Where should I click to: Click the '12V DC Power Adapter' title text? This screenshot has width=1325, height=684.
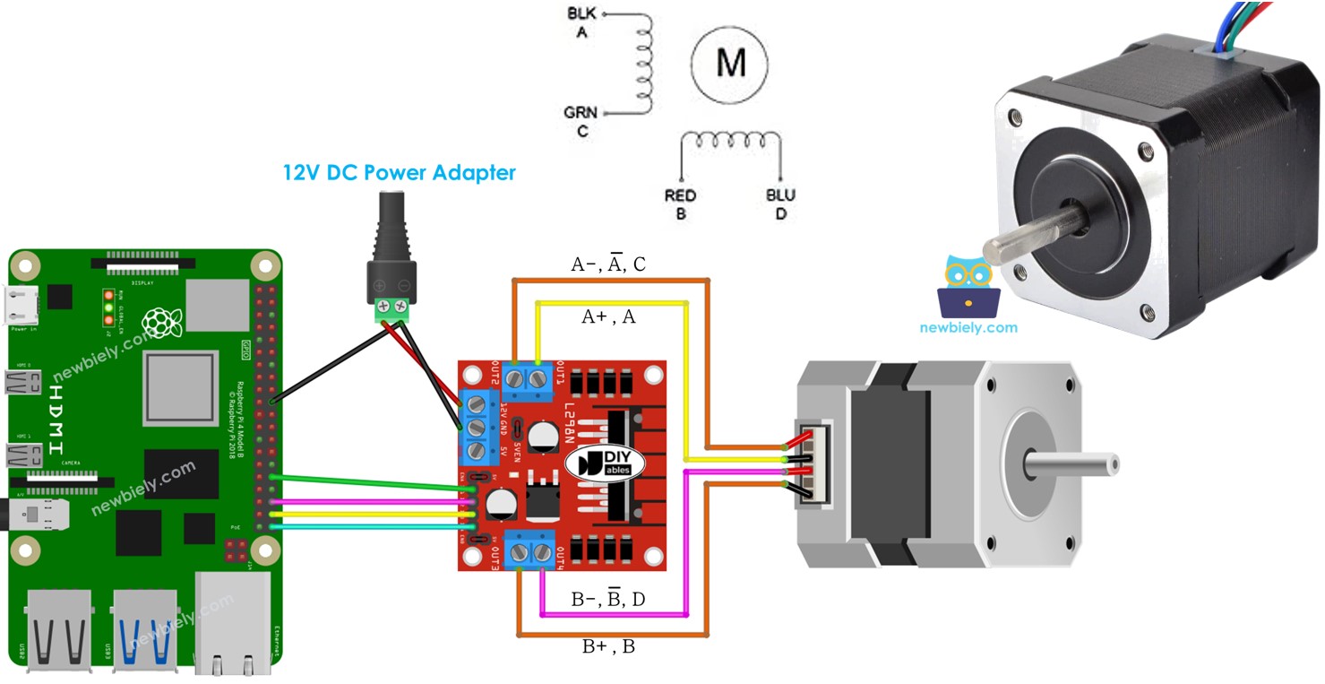click(x=400, y=172)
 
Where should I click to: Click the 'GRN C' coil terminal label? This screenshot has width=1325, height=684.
click(x=581, y=121)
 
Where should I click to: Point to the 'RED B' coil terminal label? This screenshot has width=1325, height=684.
click(x=681, y=204)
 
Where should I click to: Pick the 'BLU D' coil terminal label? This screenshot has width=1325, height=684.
click(x=780, y=204)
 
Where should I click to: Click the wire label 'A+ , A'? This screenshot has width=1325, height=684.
click(x=608, y=316)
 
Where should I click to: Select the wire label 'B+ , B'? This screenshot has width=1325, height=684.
click(x=608, y=645)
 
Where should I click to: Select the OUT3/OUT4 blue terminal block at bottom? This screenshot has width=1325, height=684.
click(x=529, y=550)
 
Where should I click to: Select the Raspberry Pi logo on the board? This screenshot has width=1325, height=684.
click(x=163, y=322)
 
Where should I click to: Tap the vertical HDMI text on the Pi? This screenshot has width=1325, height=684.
click(x=56, y=418)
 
